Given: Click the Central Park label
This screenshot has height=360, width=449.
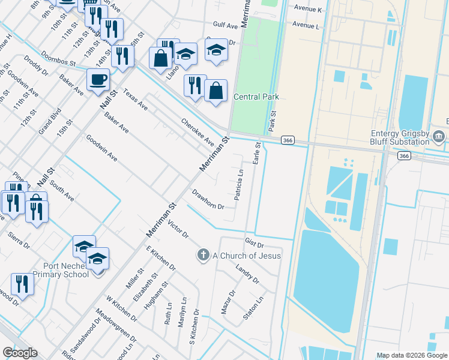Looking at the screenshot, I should tap(256, 97).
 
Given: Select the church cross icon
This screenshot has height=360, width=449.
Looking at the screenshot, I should tap(203, 256).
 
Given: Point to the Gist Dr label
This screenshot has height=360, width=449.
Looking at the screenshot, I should tap(255, 244).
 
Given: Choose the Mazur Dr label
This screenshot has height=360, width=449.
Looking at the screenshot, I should tap(228, 302).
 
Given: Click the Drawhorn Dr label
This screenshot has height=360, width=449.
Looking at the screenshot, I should tap(208, 199).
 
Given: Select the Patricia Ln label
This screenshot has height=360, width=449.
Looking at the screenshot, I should tap(239, 184).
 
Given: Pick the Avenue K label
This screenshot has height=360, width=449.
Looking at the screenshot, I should tap(308, 10).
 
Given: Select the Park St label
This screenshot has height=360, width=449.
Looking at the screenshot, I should tap(273, 122).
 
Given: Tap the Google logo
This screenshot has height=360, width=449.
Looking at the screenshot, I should tap(20, 353).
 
